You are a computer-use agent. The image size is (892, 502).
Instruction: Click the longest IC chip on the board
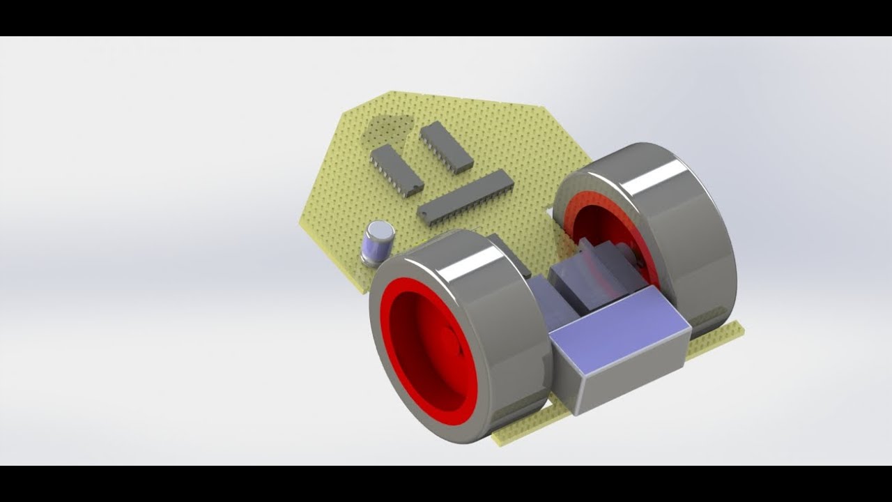pos(466,197)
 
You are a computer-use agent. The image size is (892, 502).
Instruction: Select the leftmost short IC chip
pos(397,169)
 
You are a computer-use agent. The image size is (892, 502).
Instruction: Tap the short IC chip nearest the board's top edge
pos(447,146)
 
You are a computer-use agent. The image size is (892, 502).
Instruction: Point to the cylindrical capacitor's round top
pos(380,229)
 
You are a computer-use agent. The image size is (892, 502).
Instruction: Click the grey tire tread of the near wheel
pos(502,335)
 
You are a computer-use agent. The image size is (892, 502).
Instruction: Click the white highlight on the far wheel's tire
pos(655,178)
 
